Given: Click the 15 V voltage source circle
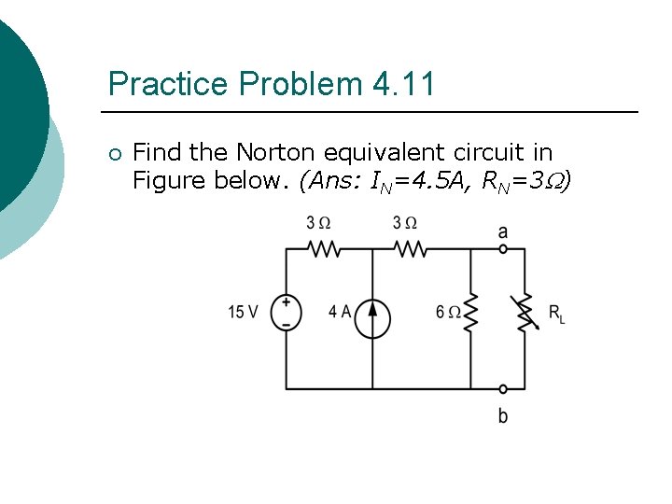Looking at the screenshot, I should click(x=286, y=312).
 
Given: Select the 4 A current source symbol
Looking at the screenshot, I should click(x=372, y=317).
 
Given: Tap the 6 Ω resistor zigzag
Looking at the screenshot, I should click(x=470, y=312).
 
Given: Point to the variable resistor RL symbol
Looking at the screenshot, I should click(x=525, y=312).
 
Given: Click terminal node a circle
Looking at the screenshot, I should click(x=503, y=249).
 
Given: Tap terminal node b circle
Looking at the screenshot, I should click(x=503, y=388).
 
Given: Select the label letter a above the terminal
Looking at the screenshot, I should click(x=503, y=231).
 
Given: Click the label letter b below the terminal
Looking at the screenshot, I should click(x=503, y=415).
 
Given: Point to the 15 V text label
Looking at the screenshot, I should click(x=243, y=312).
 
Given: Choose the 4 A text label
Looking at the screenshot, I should click(x=340, y=312).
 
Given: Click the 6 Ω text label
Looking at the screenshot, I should click(x=447, y=312).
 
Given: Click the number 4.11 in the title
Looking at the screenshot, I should click(x=403, y=84).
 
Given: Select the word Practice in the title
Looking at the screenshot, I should click(x=169, y=84).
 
